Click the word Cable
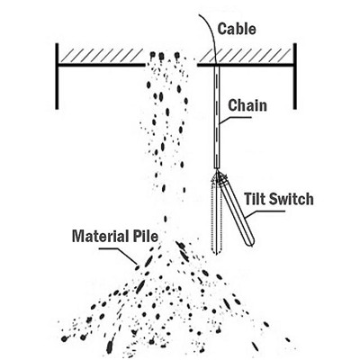coord(237,29)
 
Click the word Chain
coord(247,105)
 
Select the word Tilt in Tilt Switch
coord(254,199)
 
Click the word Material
coord(97,236)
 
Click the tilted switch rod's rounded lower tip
coord(251,242)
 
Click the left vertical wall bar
coord(57,76)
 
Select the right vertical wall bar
coord(295,76)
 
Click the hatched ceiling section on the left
coord(101,56)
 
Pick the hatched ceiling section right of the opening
coord(245,56)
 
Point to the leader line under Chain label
coord(235,119)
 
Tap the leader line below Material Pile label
coord(118,256)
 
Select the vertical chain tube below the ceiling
coord(217,116)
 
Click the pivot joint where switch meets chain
coord(218,174)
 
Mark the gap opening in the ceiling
coord(171,64)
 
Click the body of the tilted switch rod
coord(237,211)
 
